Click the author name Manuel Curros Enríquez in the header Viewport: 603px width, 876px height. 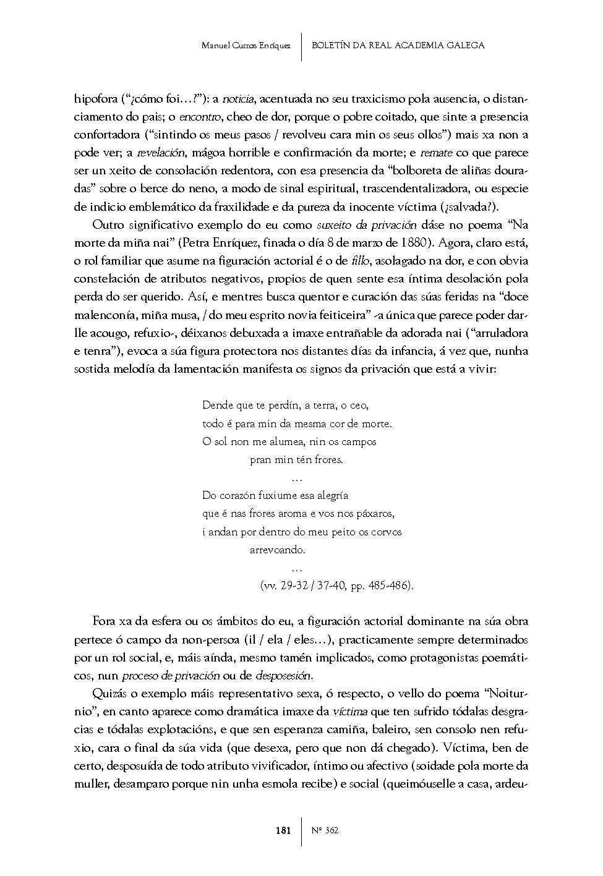coord(246,46)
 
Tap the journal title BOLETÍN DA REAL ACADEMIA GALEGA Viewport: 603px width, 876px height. coord(398,45)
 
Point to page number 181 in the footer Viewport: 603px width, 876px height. coord(283,830)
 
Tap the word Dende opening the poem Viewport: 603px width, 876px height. coord(218,406)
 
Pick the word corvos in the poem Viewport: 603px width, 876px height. coord(386,531)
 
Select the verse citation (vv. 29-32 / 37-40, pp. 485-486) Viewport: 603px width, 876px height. coord(336,585)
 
